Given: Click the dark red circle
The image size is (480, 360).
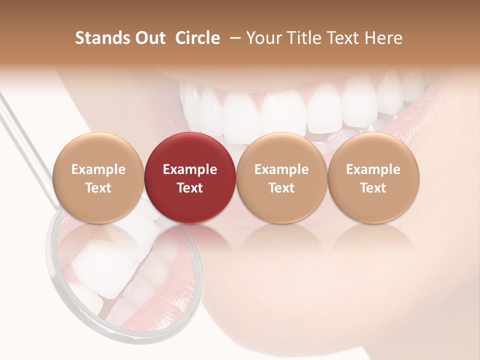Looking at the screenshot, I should click(190, 177).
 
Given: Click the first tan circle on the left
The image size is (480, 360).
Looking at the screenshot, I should click(98, 177).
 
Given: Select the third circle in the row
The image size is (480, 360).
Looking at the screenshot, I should click(281, 177).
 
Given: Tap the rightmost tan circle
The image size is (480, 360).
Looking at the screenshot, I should click(373, 177).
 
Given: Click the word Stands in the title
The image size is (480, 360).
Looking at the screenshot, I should click(102, 38).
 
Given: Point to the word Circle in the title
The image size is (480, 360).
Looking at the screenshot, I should click(197, 38).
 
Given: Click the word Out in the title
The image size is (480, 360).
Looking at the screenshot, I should click(149, 38).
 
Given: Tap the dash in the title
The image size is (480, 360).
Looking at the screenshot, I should click(233, 38).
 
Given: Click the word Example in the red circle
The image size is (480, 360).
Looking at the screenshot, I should click(190, 169).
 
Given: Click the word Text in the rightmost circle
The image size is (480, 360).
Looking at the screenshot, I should click(373, 188).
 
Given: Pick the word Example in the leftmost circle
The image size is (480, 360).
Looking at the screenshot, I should click(98, 169).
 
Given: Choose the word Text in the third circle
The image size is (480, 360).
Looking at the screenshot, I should click(281, 188).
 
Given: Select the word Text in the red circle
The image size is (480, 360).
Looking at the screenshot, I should click(190, 188).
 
